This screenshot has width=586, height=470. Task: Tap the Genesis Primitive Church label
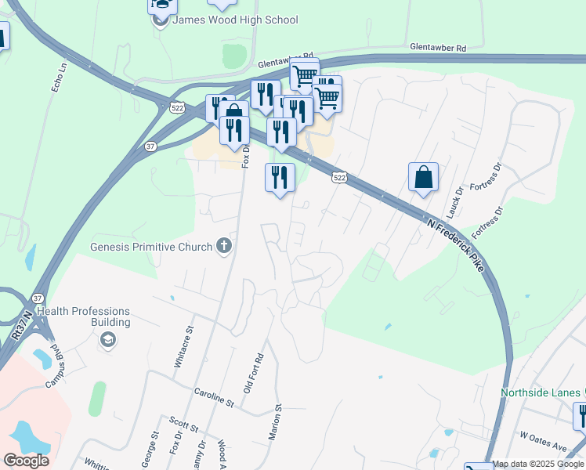click(x=151, y=247)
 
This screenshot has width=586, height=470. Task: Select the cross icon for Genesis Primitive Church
click(x=223, y=247)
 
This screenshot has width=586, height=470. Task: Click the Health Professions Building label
click(x=84, y=316)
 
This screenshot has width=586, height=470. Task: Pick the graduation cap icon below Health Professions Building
click(x=107, y=340)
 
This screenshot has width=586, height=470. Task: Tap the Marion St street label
click(x=277, y=422)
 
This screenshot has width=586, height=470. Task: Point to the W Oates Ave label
click(x=543, y=446)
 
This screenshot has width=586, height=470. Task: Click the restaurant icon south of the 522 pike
click(x=280, y=178)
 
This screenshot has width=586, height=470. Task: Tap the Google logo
click(x=26, y=461)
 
